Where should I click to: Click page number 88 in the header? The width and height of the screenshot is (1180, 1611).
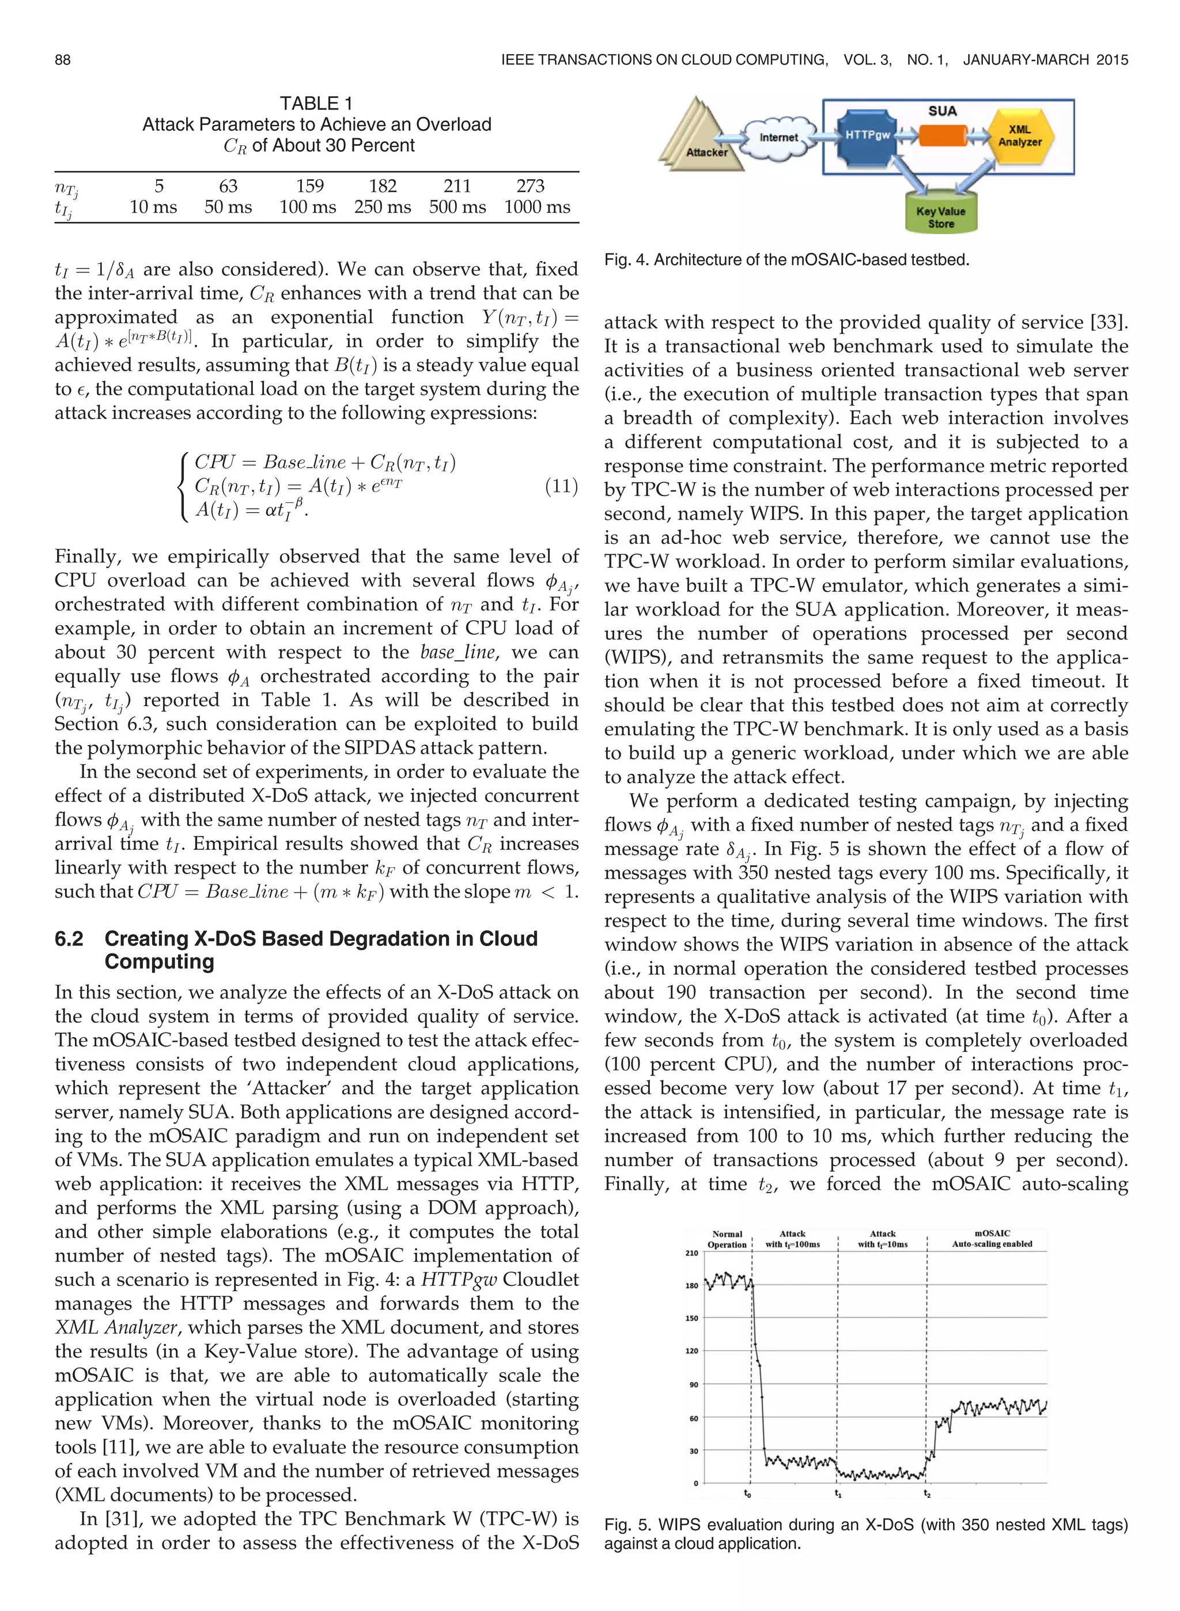click(63, 60)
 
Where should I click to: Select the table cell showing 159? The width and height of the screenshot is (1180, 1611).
click(310, 186)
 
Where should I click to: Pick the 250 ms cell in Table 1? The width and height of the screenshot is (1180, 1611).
click(382, 207)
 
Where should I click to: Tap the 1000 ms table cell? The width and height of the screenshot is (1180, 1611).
click(536, 207)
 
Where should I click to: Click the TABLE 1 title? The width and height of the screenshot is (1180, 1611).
click(316, 104)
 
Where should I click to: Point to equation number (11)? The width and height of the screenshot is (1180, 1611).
click(561, 486)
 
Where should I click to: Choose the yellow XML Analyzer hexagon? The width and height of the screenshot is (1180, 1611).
click(1019, 135)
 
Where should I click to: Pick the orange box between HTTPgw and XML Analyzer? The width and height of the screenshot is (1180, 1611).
click(943, 135)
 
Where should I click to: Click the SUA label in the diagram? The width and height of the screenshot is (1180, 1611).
click(943, 111)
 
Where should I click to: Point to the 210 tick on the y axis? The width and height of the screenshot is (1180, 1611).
click(691, 1253)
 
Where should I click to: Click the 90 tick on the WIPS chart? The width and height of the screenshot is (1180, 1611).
click(693, 1384)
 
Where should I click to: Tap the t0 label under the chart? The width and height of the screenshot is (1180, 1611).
click(748, 1493)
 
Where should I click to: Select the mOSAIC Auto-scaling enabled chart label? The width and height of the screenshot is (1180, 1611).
click(992, 1238)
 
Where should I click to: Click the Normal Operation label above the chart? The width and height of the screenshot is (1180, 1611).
click(727, 1239)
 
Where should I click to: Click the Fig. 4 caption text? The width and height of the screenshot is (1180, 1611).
click(786, 260)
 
